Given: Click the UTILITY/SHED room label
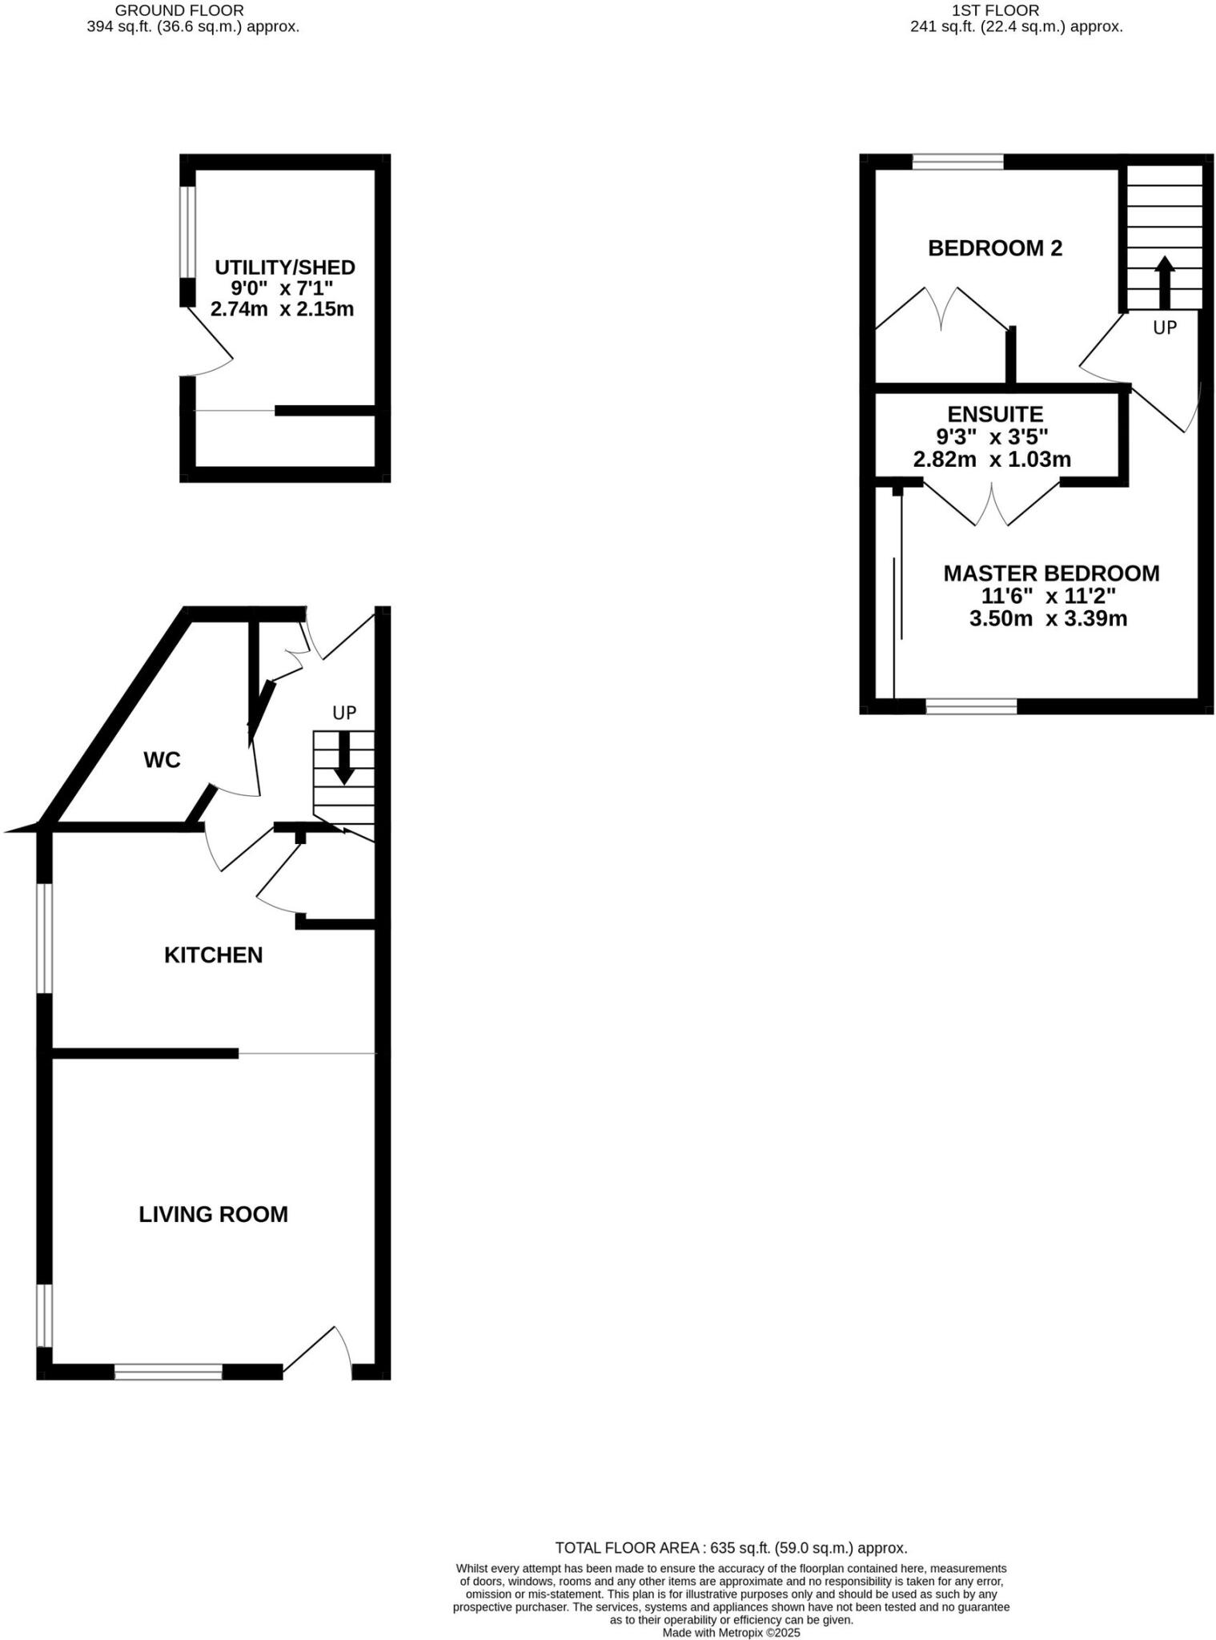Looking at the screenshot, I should tap(284, 267).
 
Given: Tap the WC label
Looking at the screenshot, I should tap(162, 760).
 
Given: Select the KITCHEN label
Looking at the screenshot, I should tap(213, 955).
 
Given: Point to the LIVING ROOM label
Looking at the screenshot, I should tap(213, 1214).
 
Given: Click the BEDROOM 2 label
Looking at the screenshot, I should tap(994, 248).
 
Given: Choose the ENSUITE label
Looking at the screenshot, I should tap(994, 414).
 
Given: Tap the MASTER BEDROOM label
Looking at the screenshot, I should tap(1050, 573).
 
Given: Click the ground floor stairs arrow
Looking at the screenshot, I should tap(344, 761).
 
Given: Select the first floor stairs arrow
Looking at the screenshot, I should tap(1164, 282).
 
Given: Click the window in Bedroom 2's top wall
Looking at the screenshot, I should tap(957, 162).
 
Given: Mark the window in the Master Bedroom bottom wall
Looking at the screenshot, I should tap(971, 706).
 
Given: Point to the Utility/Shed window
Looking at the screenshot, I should tap(187, 232).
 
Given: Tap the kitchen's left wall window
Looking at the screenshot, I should tap(45, 939).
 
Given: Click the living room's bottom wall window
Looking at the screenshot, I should tap(168, 1372).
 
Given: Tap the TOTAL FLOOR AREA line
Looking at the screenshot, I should tap(730, 1548).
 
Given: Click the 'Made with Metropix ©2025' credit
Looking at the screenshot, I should tap(730, 1632).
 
